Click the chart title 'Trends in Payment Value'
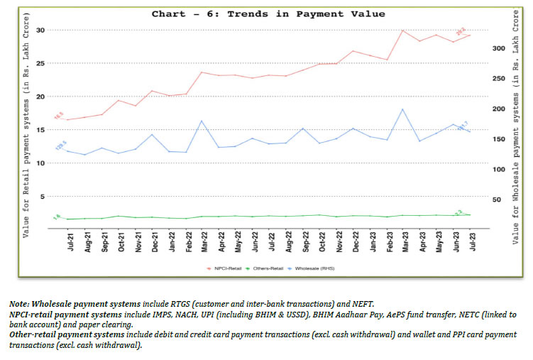coord(268,13)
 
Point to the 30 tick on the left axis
coord(40,30)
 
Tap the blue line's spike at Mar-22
coord(202,121)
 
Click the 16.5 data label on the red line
coord(58,114)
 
